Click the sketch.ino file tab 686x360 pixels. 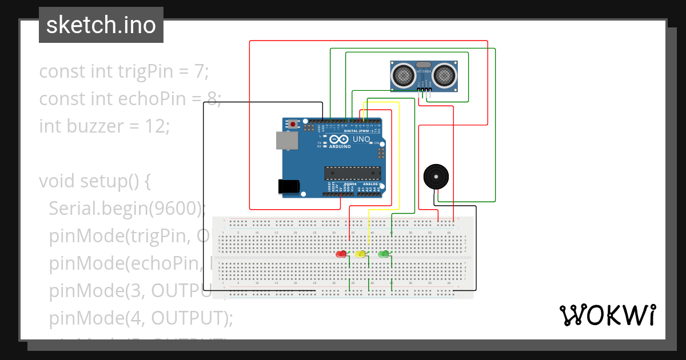pos(101,25)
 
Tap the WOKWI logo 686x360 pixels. pos(607,315)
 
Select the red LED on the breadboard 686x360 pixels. pos(342,254)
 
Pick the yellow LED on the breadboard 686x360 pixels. pos(361,254)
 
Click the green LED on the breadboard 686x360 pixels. pos(383,254)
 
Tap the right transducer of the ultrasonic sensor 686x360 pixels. pos(444,74)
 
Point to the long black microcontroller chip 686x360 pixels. pos(352,173)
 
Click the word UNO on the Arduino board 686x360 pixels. pos(361,139)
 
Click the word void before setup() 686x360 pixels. pos(57,181)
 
